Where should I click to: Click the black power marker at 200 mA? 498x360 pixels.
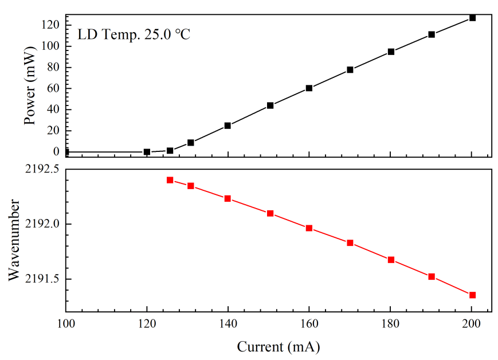(x=472, y=18)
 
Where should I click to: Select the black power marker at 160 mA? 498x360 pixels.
(x=309, y=88)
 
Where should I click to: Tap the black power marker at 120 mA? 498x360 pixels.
(x=147, y=152)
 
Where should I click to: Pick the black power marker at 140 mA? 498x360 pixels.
(x=228, y=126)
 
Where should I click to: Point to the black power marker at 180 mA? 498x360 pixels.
(x=391, y=52)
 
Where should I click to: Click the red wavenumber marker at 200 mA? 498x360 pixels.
(x=472, y=295)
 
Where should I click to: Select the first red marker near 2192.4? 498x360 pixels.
(x=170, y=180)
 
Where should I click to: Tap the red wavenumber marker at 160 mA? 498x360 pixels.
(x=309, y=228)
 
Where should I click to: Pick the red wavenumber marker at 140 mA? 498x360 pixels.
(x=228, y=198)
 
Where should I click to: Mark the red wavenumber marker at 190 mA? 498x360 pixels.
(x=432, y=276)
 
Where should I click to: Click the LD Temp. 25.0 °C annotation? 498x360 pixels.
(x=134, y=34)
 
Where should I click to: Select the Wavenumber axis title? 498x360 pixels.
(x=15, y=240)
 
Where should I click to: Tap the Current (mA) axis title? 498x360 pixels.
(x=279, y=346)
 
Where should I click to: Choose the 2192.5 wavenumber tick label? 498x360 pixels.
(x=41, y=169)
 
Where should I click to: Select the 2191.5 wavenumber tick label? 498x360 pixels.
(x=41, y=279)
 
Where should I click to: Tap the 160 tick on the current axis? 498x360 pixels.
(x=309, y=324)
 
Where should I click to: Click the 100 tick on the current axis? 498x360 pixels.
(x=66, y=324)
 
